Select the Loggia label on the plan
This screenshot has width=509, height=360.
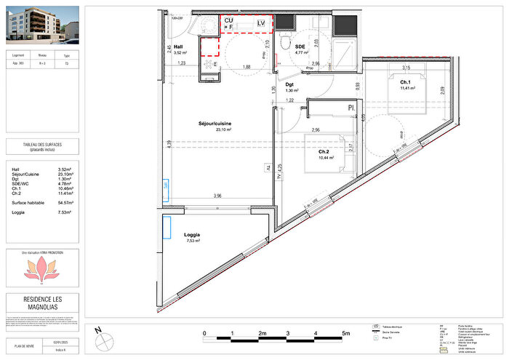click(x=192, y=235)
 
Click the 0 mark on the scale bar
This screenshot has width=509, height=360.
click(x=205, y=335)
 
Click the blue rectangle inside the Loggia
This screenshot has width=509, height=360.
click(x=167, y=226)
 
